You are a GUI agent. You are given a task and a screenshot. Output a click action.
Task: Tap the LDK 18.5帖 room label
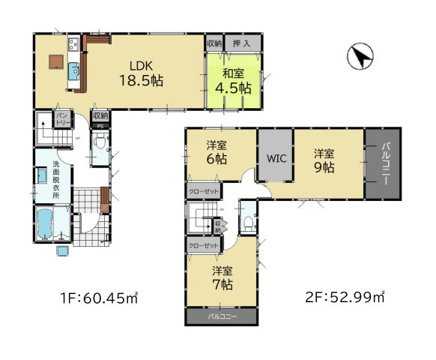pos(140,73)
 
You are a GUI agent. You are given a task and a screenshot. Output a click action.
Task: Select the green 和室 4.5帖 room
pos(234,81)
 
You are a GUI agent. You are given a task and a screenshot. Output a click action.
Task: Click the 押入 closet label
pos(242,44)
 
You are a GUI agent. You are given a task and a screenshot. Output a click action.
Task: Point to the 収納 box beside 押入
pos(214,44)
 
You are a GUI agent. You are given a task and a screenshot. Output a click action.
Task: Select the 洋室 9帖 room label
pos(324,160)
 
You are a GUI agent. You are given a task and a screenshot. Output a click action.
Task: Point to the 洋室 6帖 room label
pos(219,152)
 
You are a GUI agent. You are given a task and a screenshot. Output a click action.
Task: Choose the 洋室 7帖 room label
pos(222,279)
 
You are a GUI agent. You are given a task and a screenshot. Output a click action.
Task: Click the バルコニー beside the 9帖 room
pos(383,163)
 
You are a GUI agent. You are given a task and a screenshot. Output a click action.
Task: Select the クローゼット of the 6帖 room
pos(203,192)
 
